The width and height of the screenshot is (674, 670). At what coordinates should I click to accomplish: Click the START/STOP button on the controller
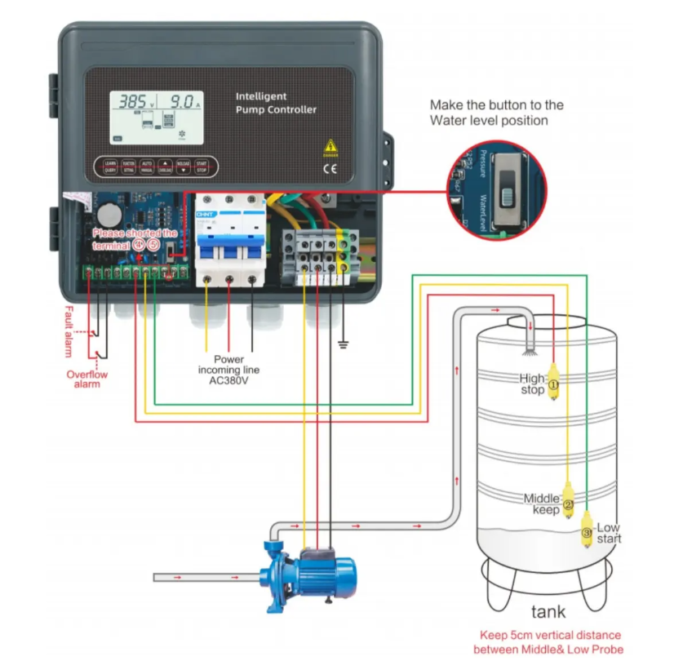(x=201, y=166)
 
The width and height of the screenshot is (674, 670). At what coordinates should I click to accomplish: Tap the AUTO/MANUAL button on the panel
(x=147, y=166)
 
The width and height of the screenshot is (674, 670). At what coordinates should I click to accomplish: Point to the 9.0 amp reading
(x=182, y=102)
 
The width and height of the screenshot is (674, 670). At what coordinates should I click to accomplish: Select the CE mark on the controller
(x=330, y=170)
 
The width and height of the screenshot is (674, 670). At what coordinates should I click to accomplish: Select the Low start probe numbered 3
(x=587, y=532)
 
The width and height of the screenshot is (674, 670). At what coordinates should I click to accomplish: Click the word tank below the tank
(x=548, y=611)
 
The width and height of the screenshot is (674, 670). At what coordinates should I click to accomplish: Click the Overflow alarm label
(x=86, y=379)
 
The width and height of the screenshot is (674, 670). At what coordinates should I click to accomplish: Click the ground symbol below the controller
(x=344, y=344)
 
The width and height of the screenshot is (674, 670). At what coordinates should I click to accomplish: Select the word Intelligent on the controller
(x=261, y=96)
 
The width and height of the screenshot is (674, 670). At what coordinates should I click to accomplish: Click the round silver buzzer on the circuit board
(x=110, y=215)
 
